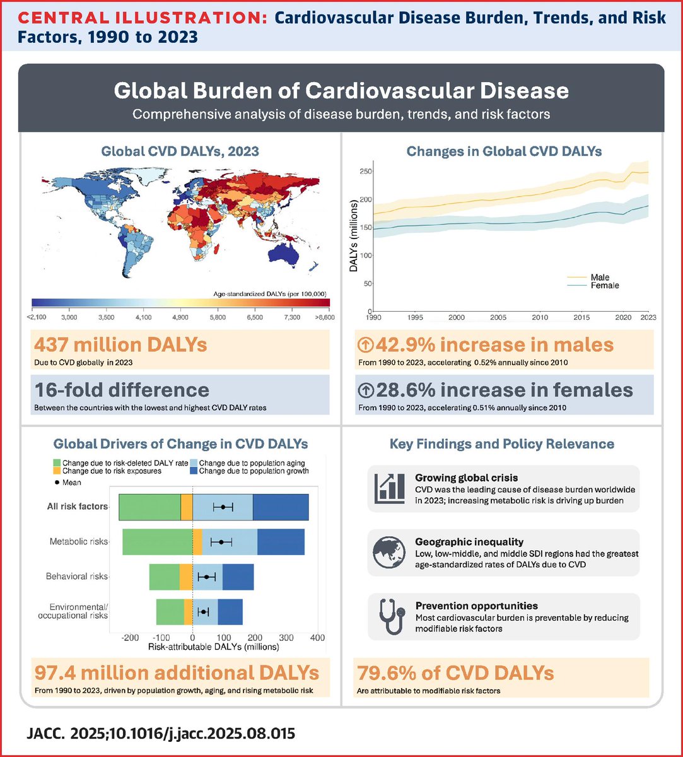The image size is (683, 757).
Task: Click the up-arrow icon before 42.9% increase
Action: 365,345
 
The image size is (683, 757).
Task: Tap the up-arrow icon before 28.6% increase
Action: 365,390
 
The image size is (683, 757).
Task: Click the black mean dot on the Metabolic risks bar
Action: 221,542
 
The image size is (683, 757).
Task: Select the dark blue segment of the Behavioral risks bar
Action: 238,577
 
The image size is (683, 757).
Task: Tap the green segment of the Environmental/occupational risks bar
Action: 170,612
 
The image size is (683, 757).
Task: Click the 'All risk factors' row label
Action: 76,507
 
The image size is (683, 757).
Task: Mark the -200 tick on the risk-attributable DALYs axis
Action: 130,638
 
